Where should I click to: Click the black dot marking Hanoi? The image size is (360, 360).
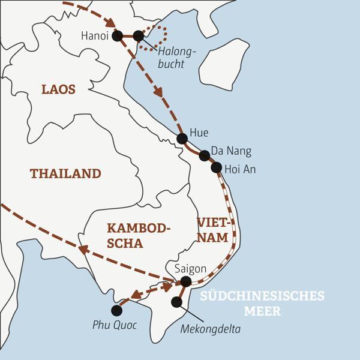tap(118, 36)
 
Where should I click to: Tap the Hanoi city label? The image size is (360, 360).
tap(94, 36)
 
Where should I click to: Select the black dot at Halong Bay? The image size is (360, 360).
tap(139, 36)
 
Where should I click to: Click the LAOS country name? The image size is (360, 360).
tap(58, 89)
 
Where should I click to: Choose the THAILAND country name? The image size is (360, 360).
tap(65, 174)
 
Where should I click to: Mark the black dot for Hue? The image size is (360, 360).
tap(182, 139)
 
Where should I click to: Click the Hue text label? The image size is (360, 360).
tap(199, 133)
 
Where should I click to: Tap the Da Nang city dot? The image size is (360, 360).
tap(205, 155)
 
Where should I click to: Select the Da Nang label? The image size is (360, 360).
tap(230, 151)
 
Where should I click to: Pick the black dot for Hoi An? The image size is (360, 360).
tap(217, 167)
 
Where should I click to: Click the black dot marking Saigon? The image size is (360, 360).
tap(185, 281)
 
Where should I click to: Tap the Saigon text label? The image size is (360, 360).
tap(190, 268)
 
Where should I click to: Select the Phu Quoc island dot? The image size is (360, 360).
tap(117, 310)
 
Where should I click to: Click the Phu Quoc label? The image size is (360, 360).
tap(115, 325)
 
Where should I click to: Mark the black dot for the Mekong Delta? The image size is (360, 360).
tap(176, 302)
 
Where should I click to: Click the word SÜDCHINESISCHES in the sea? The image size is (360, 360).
tap(262, 296)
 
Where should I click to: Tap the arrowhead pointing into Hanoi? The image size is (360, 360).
tap(110, 23)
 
